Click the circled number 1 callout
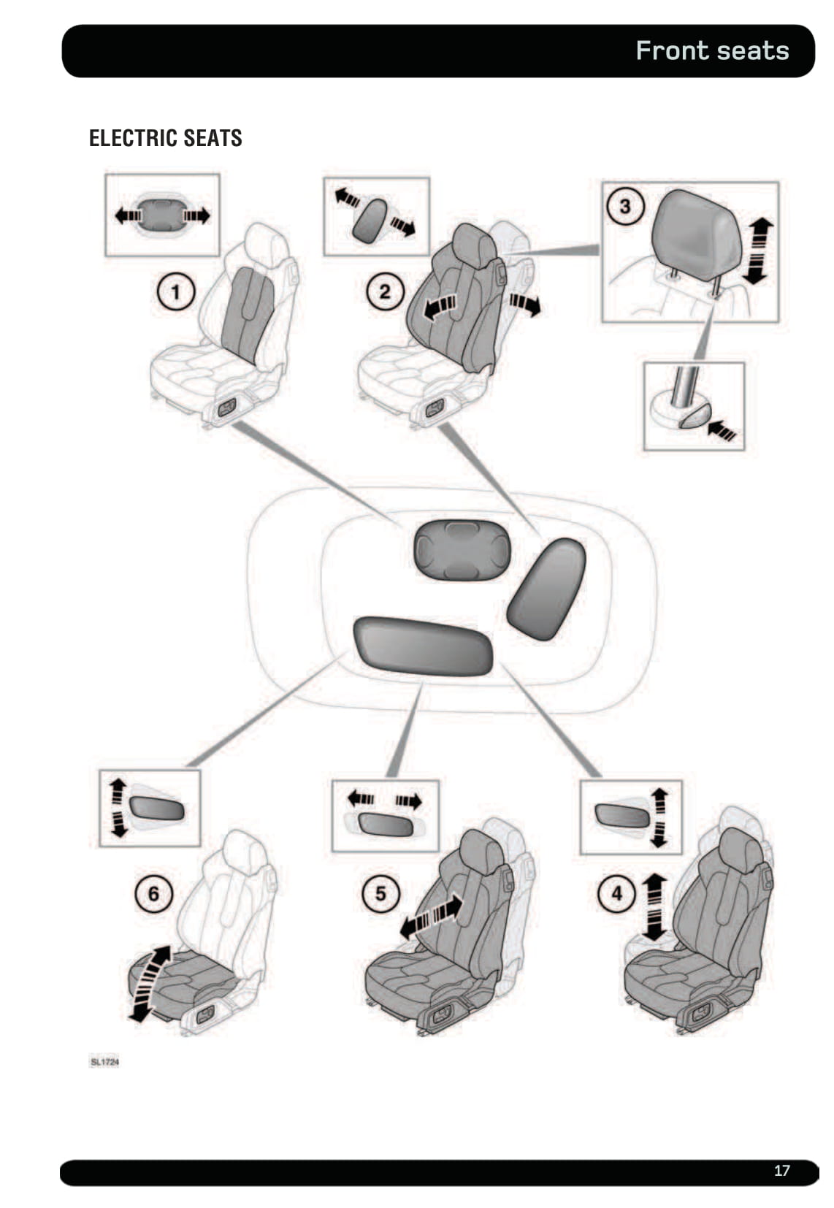(176, 291)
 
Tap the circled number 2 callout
(385, 291)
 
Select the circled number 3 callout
(625, 206)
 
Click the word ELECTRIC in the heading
(134, 138)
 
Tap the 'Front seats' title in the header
(712, 50)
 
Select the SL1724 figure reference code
(104, 1062)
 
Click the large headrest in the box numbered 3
(696, 234)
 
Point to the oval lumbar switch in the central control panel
(462, 550)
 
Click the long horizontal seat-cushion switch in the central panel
(423, 646)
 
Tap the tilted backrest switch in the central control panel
(546, 589)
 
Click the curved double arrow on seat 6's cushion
(150, 983)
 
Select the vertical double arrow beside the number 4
(654, 908)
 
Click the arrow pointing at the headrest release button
(722, 429)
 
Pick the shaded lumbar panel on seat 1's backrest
(248, 315)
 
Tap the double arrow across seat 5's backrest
(431, 917)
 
